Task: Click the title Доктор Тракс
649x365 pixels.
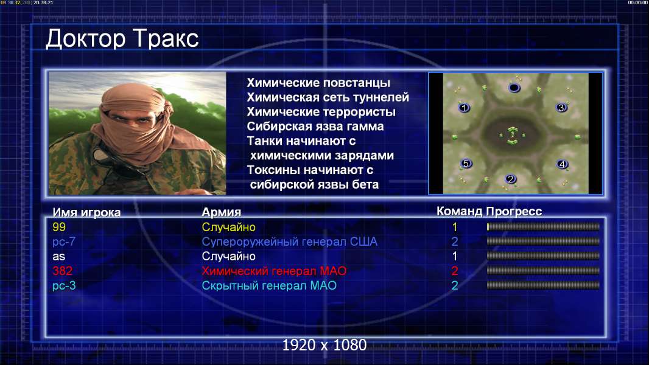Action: (122, 40)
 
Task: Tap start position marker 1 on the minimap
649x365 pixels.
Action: (464, 108)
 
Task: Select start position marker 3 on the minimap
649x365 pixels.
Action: (561, 108)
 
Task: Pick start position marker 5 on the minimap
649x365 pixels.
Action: (466, 164)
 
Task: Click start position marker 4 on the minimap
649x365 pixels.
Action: (562, 164)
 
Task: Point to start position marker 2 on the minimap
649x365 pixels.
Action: (510, 179)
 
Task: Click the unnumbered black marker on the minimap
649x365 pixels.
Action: (514, 88)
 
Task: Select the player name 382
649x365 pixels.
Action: (63, 271)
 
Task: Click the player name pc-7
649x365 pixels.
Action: (64, 242)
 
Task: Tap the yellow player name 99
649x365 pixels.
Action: (59, 227)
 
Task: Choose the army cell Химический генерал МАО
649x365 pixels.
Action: (274, 271)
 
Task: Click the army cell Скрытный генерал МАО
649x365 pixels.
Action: (269, 286)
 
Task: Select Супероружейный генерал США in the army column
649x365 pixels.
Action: (289, 242)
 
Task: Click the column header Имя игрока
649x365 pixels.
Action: (86, 212)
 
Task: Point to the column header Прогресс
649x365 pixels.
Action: (514, 212)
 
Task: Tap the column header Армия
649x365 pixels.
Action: (222, 212)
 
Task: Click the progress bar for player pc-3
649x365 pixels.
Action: (543, 285)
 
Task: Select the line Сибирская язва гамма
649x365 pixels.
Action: (315, 127)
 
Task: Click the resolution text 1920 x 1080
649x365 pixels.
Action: (324, 345)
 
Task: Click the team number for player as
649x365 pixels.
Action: (454, 256)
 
